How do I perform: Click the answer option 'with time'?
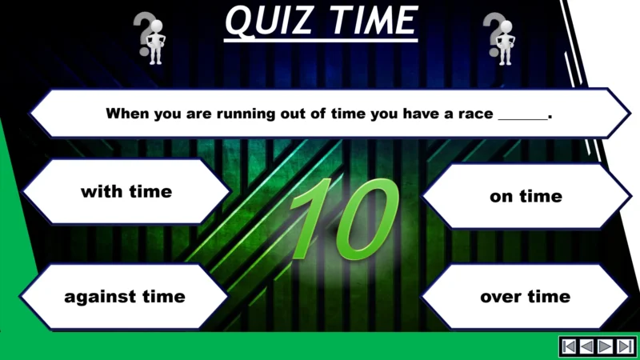click(126, 192)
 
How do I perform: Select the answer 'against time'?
click(125, 297)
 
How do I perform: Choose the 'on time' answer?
click(526, 196)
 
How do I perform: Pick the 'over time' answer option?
click(525, 297)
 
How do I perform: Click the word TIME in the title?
click(373, 21)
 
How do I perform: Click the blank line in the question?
click(523, 115)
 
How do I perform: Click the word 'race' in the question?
click(478, 114)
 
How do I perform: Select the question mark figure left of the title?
click(150, 38)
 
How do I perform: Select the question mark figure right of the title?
click(500, 38)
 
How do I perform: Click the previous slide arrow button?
click(586, 346)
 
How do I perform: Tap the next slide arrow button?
click(606, 346)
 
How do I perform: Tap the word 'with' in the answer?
click(98, 192)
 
